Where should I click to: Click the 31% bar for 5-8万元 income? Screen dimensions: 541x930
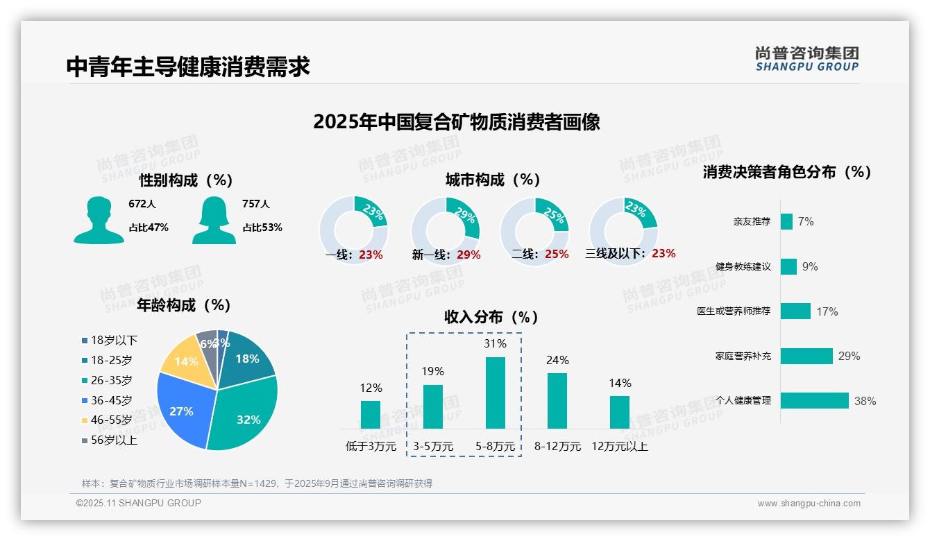pyautogui.click(x=495, y=393)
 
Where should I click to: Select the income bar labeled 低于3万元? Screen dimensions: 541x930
pyautogui.click(x=371, y=414)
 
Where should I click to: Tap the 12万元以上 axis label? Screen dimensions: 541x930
pyautogui.click(x=620, y=447)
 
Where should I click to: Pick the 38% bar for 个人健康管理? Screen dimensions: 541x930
pyautogui.click(x=814, y=401)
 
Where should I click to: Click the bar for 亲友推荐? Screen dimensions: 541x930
pyautogui.click(x=786, y=221)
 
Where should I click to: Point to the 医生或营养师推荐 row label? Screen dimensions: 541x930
pyautogui.click(x=734, y=311)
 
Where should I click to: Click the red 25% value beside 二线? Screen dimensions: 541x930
pyautogui.click(x=557, y=255)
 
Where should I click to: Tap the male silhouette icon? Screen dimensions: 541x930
pyautogui.click(x=99, y=220)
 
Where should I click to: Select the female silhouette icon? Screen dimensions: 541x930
pyautogui.click(x=214, y=220)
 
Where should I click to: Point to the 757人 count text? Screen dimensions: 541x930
pyautogui.click(x=255, y=204)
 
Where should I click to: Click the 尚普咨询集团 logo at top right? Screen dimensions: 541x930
pyautogui.click(x=806, y=58)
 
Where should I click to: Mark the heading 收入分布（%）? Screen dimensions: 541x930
pyautogui.click(x=491, y=318)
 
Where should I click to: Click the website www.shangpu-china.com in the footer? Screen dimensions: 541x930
pyautogui.click(x=809, y=504)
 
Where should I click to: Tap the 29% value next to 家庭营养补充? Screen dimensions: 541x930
pyautogui.click(x=849, y=357)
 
